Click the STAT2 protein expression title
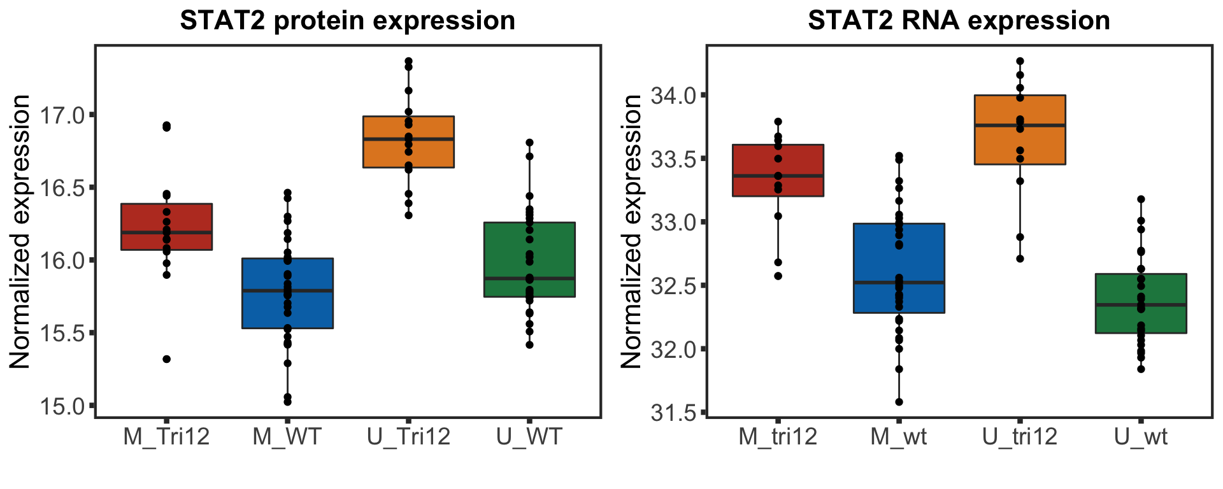pyautogui.click(x=347, y=21)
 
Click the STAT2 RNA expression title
pyautogui.click(x=959, y=21)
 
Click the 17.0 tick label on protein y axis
pyautogui.click(x=62, y=115)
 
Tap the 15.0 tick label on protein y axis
pyautogui.click(x=62, y=406)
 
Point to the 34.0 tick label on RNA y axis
pyautogui.click(x=673, y=96)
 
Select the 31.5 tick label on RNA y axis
pyautogui.click(x=673, y=413)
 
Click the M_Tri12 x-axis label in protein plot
pyautogui.click(x=166, y=437)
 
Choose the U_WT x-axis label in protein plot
pyautogui.click(x=529, y=437)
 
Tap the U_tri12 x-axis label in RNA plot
pyautogui.click(x=1019, y=437)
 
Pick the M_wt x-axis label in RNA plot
pyautogui.click(x=898, y=437)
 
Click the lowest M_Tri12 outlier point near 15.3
pyautogui.click(x=167, y=359)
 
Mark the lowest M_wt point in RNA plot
pyautogui.click(x=899, y=402)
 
